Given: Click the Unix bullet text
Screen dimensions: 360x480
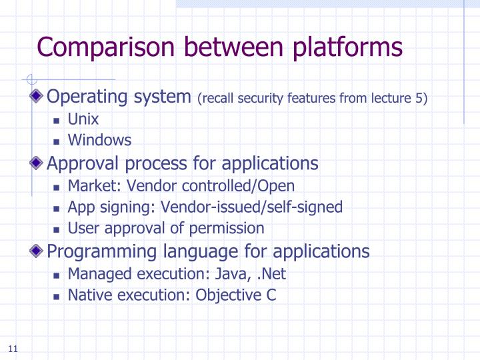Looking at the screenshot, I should [83, 120].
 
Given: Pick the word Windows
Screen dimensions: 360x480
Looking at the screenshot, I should [99, 140].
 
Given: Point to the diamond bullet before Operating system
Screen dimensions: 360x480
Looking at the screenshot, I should [39, 97].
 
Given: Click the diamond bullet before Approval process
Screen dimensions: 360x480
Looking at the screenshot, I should [39, 163].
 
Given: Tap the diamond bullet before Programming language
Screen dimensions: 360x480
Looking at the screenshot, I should [39, 251].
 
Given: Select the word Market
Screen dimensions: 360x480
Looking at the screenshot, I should [88, 185].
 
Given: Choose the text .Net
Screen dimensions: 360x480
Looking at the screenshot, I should [273, 273].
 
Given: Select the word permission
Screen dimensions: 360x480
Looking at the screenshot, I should [227, 229].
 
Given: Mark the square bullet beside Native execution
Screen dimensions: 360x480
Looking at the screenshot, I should [57, 295].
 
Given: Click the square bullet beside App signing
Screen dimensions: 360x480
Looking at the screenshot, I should [57, 207].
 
